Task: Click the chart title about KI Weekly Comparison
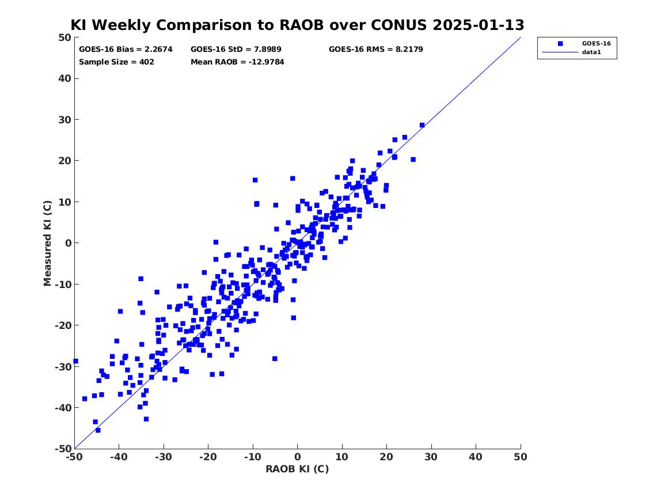click(297, 25)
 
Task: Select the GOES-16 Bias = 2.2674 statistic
click(126, 50)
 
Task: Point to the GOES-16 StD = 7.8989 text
click(236, 50)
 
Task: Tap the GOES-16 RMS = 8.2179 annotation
click(376, 50)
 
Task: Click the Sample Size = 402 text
click(116, 62)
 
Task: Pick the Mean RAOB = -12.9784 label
click(237, 62)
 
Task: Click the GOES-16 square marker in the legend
click(560, 44)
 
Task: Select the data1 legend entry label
click(591, 52)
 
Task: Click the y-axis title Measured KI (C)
click(47, 243)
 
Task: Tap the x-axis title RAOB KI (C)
click(297, 469)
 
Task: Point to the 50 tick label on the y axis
click(64, 37)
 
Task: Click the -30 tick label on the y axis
click(63, 366)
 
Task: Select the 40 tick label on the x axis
click(476, 457)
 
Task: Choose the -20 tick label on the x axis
click(208, 457)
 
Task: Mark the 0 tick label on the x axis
click(298, 457)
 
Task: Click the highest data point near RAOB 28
click(422, 125)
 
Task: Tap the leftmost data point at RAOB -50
click(76, 361)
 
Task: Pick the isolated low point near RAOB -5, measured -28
click(275, 359)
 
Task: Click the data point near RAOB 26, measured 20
click(413, 160)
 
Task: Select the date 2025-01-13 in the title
click(479, 25)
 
